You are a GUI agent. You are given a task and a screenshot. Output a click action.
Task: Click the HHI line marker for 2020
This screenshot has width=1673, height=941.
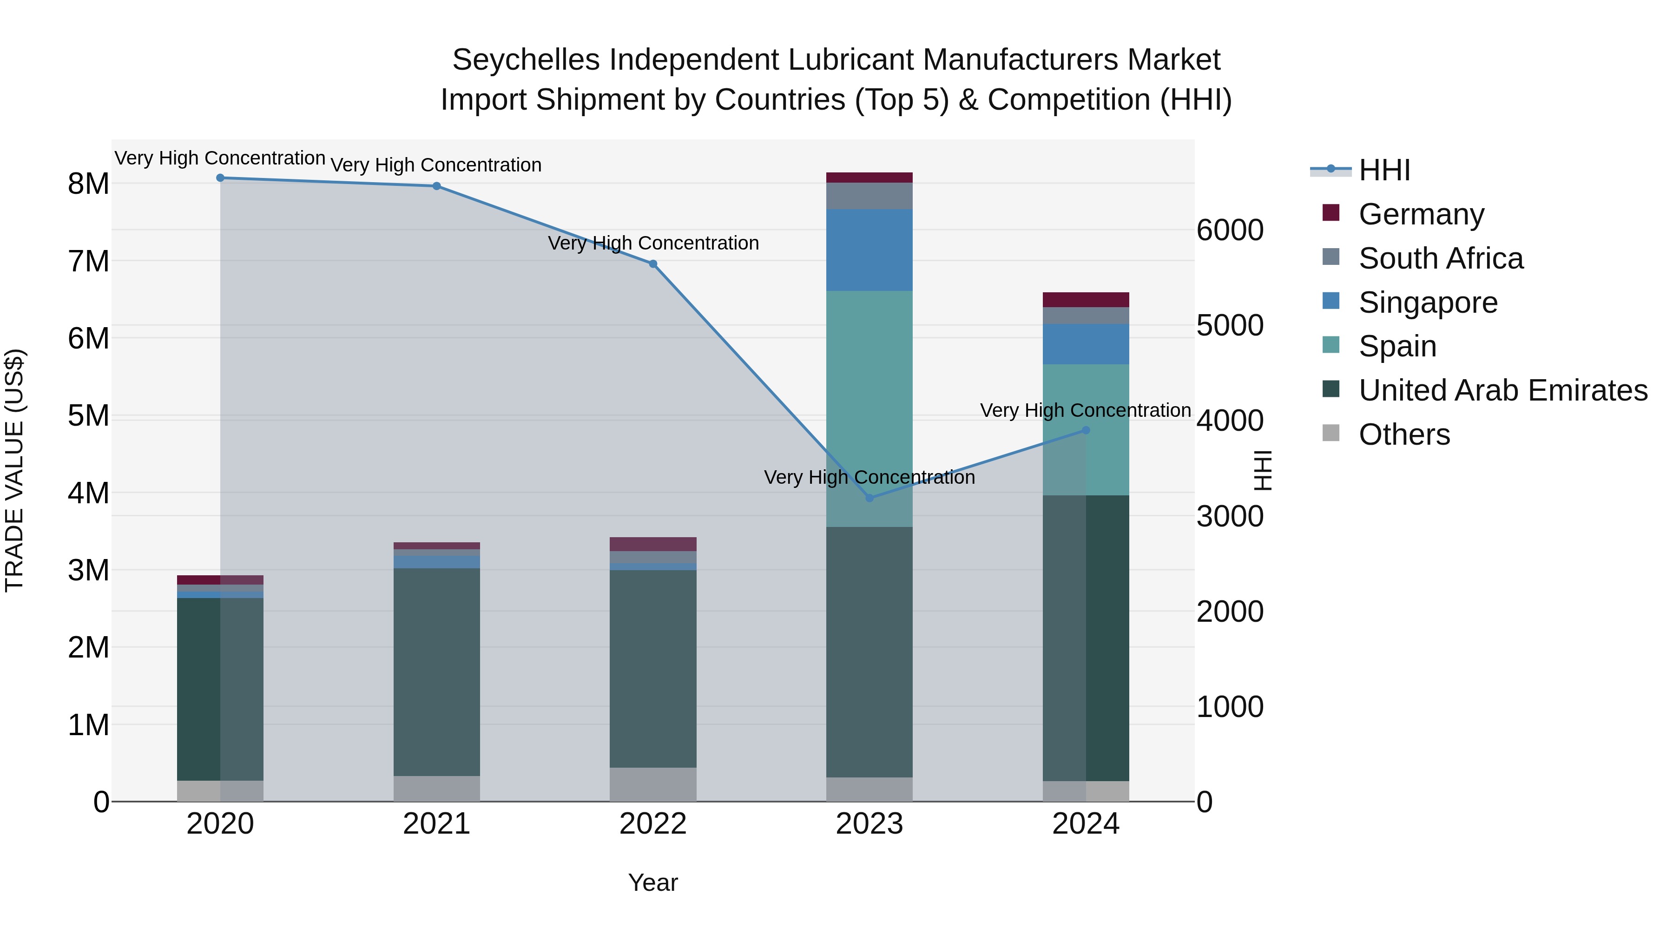[220, 178]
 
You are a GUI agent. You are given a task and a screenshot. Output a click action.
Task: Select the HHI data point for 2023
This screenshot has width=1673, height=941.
[869, 498]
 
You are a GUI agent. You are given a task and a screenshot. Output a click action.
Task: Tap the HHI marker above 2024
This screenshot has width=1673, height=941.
[1086, 430]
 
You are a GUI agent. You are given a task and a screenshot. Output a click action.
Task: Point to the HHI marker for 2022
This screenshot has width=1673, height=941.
[653, 263]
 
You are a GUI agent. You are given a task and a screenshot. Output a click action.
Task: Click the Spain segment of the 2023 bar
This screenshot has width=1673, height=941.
[869, 408]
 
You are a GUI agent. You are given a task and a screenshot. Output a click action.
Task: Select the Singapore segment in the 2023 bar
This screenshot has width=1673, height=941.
[869, 250]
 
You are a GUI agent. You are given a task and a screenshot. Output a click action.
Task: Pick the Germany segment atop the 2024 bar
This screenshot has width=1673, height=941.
[1086, 299]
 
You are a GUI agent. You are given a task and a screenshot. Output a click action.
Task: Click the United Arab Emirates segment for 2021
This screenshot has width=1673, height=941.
[436, 672]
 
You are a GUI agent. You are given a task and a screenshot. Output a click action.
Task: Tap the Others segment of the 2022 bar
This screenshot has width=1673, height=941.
[653, 784]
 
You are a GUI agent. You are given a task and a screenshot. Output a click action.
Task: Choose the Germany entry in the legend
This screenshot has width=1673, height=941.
[1421, 214]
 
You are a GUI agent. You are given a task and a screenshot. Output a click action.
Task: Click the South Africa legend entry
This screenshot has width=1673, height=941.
[1441, 258]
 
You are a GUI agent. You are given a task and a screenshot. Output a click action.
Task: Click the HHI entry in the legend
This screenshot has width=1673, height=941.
[1384, 170]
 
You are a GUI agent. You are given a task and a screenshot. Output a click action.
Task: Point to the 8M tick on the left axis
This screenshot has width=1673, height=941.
[89, 184]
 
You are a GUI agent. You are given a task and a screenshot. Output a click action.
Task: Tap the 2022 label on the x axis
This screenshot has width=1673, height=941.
[653, 824]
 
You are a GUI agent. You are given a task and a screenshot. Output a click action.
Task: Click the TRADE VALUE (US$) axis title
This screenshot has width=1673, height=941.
[15, 470]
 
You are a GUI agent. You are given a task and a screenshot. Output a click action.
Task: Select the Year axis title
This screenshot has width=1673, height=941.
[653, 882]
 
